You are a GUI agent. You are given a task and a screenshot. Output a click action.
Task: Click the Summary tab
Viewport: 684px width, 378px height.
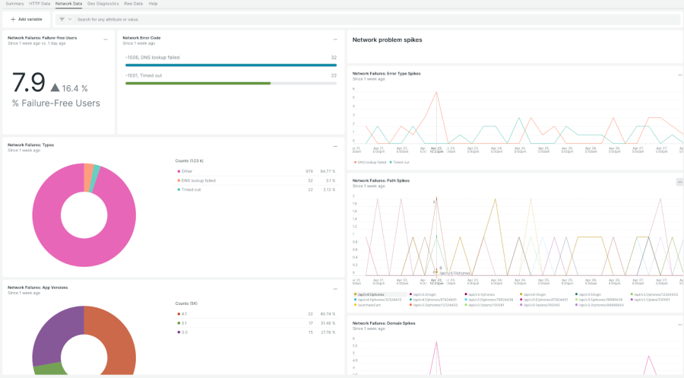point(14,4)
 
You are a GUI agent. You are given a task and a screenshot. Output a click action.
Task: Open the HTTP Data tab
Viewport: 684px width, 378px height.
point(40,4)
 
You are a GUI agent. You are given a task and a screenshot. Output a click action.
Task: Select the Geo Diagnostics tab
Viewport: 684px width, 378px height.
point(103,4)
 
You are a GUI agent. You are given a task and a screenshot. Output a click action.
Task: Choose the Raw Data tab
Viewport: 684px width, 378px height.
point(133,4)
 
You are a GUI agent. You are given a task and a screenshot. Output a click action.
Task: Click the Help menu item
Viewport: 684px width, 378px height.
point(153,4)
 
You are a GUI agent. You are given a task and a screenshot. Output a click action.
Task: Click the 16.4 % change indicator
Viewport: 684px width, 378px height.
point(69,88)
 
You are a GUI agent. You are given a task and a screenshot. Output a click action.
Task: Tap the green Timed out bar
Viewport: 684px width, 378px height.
point(198,83)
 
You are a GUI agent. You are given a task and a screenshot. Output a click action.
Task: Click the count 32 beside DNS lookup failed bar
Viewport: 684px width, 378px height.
point(333,58)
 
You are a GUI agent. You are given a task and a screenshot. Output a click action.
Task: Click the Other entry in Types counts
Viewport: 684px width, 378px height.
point(186,171)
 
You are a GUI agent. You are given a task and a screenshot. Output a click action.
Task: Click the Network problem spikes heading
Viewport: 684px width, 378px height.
point(387,40)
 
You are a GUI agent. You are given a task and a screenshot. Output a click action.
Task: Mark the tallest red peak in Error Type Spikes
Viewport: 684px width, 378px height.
point(436,93)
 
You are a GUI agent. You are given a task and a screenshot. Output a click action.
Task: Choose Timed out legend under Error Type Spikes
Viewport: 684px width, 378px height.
point(401,162)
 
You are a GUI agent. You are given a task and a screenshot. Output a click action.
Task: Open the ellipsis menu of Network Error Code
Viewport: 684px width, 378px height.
point(335,39)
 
